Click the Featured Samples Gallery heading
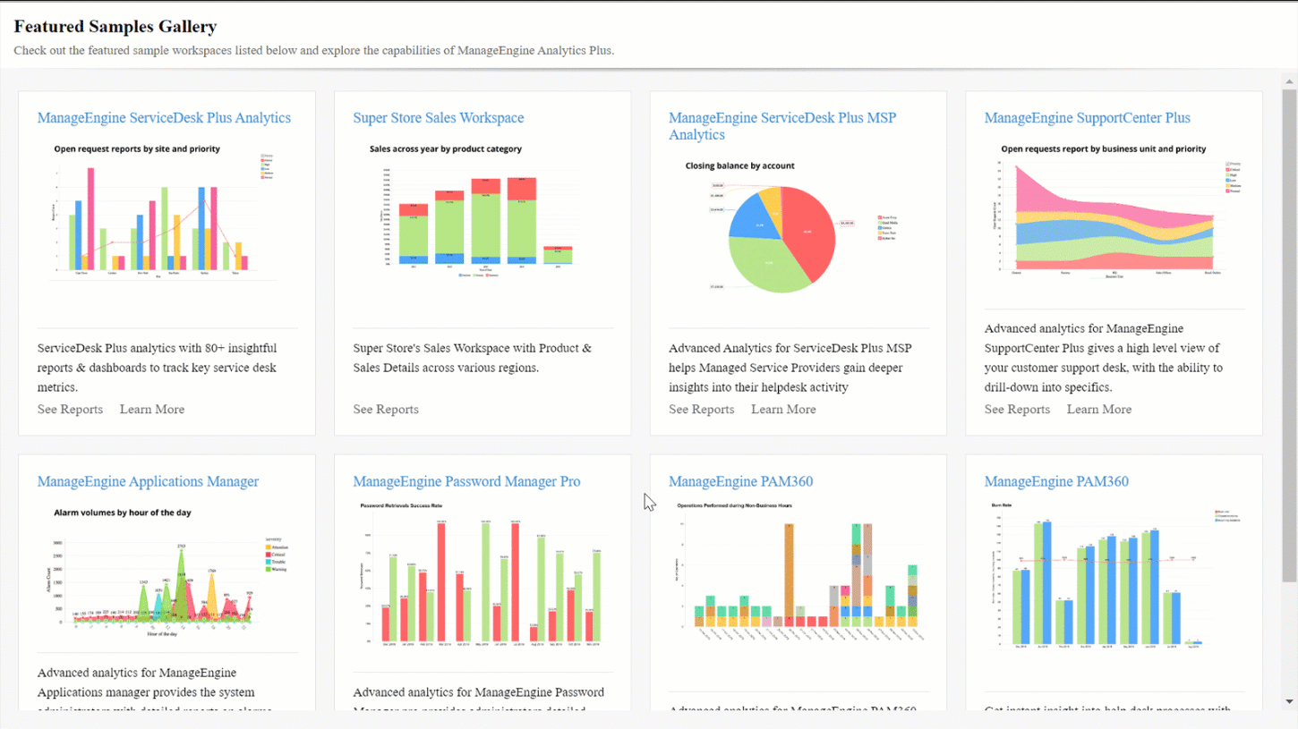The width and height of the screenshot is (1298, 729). coord(115,27)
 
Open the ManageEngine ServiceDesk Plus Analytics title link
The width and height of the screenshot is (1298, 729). coord(164,118)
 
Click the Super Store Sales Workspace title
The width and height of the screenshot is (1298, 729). coord(439,118)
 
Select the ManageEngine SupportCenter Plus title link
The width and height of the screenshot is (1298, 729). coord(1088,118)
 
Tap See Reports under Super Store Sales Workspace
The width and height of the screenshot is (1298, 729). coord(386,410)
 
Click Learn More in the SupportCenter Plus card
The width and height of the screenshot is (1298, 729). coord(1099,410)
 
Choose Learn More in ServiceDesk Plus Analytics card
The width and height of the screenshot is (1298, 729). coord(152,410)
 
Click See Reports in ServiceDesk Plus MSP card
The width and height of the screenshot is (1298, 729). coord(702,410)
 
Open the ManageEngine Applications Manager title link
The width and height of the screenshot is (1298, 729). coord(148,481)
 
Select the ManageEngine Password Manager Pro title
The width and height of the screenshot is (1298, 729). coord(466,481)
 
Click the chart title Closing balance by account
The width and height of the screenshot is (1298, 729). coord(739,165)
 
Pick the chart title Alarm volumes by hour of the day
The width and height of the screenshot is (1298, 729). coord(122,513)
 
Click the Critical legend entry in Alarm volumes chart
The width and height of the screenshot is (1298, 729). coord(277,555)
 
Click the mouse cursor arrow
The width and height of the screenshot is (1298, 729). coord(648,501)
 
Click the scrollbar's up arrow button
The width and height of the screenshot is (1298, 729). coord(1289,81)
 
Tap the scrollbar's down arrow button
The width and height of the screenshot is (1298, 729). coord(1289,702)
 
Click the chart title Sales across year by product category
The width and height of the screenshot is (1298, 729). coord(446,148)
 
